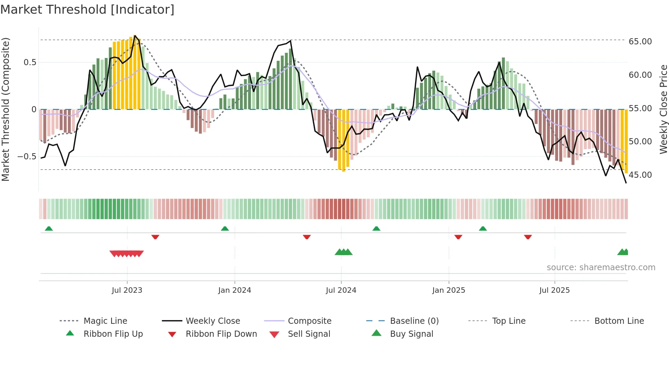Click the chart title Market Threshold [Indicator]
tap(87, 10)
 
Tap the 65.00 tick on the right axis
tap(640, 42)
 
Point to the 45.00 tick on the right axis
tap(640, 175)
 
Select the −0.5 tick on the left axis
tap(27, 157)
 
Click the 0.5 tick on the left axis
tap(30, 62)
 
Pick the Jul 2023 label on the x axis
tap(127, 290)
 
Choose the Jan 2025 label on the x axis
tap(449, 290)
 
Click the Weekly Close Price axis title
tap(663, 109)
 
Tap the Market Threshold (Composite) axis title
tap(5, 109)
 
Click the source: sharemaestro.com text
tap(601, 267)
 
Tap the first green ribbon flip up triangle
tap(49, 229)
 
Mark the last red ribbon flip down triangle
tap(528, 237)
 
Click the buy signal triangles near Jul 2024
tap(343, 252)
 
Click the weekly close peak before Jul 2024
tap(290, 41)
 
